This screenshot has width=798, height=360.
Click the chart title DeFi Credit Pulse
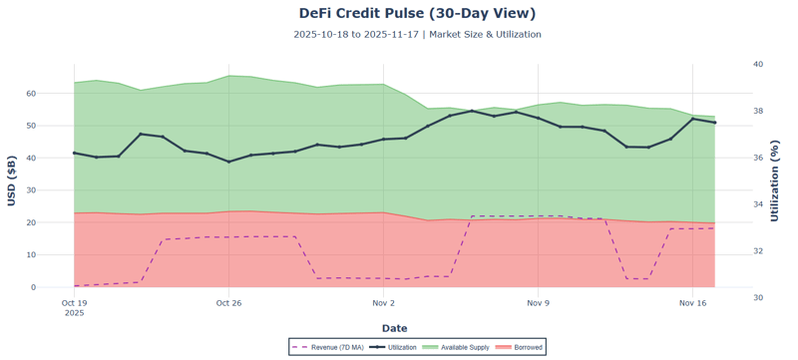click(417, 13)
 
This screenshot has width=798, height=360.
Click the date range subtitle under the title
click(417, 34)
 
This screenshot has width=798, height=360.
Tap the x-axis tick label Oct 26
click(228, 302)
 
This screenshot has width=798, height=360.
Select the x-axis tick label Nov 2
click(384, 302)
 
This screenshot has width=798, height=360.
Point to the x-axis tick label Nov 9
click(538, 302)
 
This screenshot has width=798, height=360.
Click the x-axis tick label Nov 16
click(693, 302)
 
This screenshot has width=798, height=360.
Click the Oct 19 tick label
click(74, 302)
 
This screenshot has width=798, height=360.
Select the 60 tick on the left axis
click(59, 94)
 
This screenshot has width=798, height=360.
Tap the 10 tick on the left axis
click(59, 255)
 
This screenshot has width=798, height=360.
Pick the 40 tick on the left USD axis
click(59, 159)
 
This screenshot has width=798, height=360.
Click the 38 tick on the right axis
click(758, 111)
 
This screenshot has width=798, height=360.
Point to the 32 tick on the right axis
click(758, 251)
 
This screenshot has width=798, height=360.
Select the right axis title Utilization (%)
click(775, 180)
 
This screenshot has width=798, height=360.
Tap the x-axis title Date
click(394, 328)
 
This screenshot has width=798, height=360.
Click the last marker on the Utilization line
click(714, 123)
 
